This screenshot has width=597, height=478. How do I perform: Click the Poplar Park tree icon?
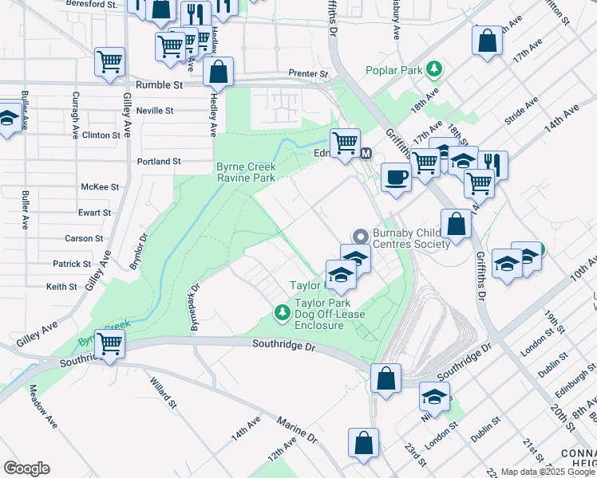(434, 69)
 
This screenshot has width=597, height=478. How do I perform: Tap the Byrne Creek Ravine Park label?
(246, 172)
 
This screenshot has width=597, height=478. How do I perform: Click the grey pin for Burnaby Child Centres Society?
(360, 237)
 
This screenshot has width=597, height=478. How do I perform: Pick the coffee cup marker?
(395, 177)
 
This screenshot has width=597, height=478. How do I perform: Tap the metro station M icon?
(366, 154)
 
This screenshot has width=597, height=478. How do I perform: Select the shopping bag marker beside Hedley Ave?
(218, 72)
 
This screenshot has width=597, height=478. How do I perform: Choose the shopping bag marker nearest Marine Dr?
(363, 445)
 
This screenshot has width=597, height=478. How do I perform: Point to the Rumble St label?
(159, 84)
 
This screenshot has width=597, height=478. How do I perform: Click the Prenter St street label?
(308, 74)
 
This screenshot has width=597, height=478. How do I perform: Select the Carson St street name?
(84, 238)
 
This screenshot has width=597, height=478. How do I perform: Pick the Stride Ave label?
(521, 111)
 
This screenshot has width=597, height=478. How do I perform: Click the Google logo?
(26, 468)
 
